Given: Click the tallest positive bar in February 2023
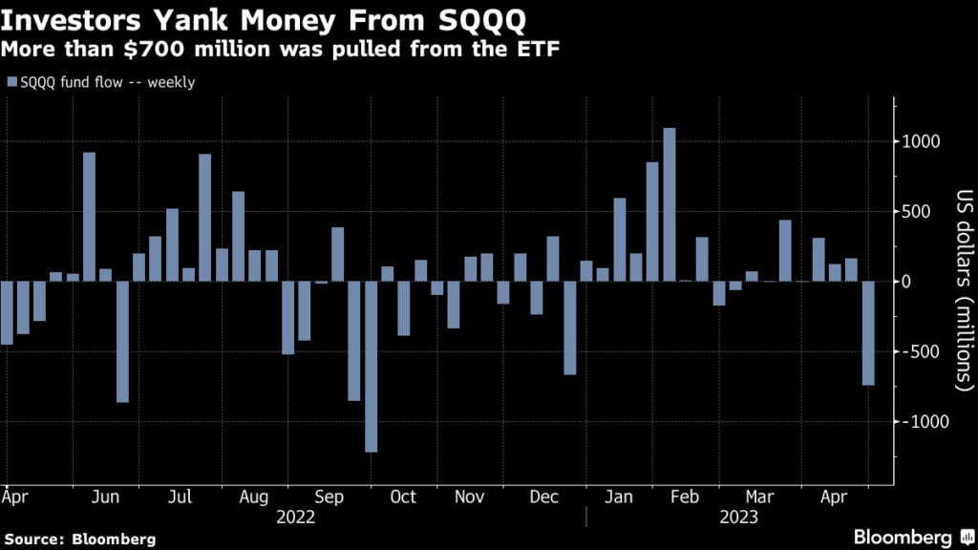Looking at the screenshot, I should coord(670,204).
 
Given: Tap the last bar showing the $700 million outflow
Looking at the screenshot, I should coord(868,333).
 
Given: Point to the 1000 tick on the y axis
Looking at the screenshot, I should coord(925,141).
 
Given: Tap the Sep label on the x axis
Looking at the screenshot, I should coord(330,497).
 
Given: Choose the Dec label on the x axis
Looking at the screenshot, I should coord(544,497).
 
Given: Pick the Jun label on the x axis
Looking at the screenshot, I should coord(108,497).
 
